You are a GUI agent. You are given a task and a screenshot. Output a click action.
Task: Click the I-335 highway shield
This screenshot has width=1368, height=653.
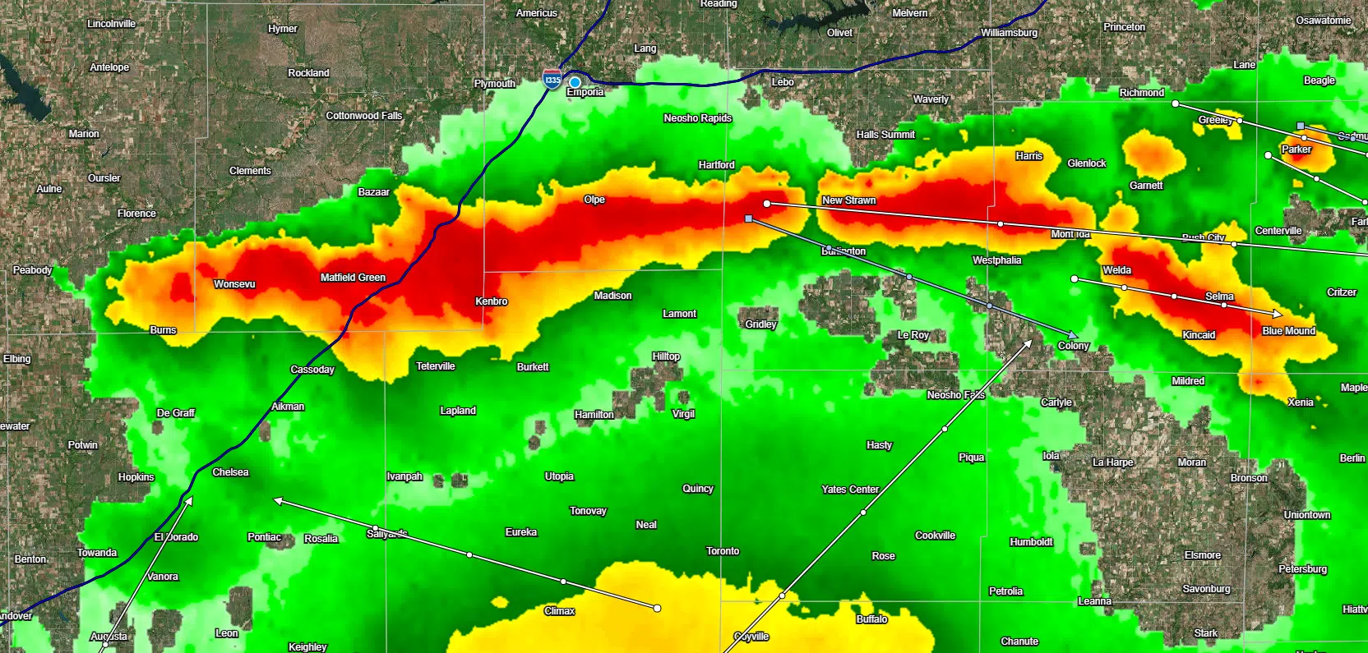[552, 80]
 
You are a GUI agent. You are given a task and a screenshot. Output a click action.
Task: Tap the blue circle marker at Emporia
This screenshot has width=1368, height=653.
[575, 82]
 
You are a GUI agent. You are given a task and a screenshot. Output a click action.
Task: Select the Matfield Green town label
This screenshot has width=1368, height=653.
[353, 278]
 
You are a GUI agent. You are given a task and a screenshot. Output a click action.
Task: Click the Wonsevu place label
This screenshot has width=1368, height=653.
[234, 284]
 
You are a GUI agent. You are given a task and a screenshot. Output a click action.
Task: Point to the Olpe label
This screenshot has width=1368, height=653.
[594, 200]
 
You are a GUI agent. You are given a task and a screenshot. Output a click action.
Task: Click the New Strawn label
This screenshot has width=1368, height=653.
[848, 200]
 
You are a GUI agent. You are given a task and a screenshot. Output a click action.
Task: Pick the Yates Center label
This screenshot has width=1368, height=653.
[850, 490]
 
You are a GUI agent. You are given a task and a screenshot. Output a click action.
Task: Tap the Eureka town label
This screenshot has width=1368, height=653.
[521, 532]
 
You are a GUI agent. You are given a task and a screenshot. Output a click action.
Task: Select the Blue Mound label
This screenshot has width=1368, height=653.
[1288, 331]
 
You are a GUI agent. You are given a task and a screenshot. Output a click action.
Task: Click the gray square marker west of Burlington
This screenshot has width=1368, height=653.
[748, 218]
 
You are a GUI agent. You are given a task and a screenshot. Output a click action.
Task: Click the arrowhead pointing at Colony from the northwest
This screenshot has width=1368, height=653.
[1073, 335]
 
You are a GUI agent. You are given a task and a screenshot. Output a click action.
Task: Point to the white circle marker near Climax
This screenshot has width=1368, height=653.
[657, 608]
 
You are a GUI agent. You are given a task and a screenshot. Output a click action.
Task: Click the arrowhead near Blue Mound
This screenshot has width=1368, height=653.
[1277, 314]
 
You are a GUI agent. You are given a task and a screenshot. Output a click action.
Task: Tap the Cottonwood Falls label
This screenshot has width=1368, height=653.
[364, 116]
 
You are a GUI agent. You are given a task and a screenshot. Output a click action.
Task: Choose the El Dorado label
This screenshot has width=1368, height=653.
[177, 537]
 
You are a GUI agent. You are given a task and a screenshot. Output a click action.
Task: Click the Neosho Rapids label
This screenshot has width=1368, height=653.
[697, 118]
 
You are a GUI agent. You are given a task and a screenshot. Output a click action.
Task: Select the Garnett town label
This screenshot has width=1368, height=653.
[1146, 186]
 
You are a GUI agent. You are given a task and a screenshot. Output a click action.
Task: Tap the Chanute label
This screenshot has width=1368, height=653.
[1019, 642]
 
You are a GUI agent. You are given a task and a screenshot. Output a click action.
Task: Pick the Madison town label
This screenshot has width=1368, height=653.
[612, 296]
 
